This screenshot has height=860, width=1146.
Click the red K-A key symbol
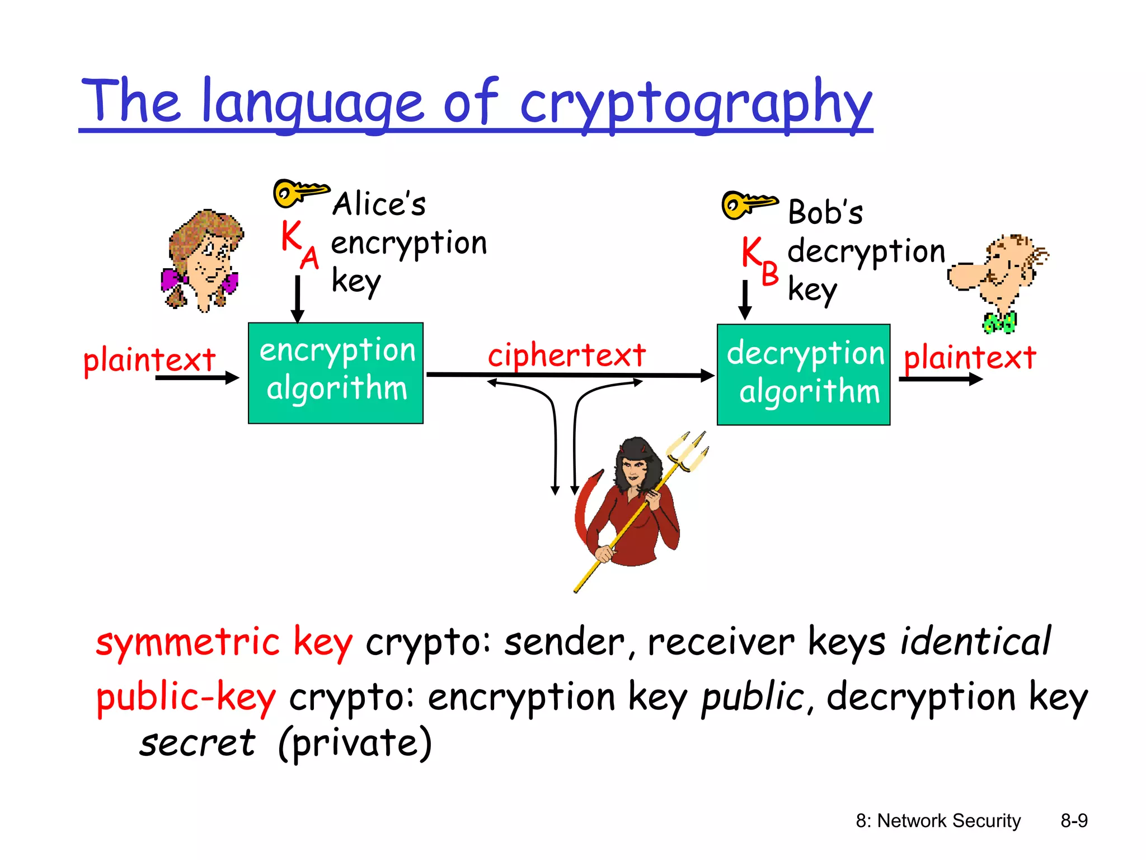tap(299, 244)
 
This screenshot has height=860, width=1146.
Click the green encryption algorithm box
tap(336, 373)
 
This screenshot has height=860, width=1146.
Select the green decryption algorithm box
tap(804, 375)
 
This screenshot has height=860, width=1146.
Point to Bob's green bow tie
tap(999, 322)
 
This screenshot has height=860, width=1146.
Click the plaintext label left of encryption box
tap(149, 359)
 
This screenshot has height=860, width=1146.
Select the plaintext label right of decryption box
tap(970, 357)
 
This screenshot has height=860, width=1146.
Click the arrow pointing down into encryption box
tap(298, 300)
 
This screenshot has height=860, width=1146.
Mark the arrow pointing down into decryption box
tap(745, 301)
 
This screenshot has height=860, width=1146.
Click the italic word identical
tap(975, 642)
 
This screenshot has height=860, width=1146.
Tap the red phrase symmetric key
tap(224, 642)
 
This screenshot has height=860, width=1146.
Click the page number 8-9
tap(1074, 821)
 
